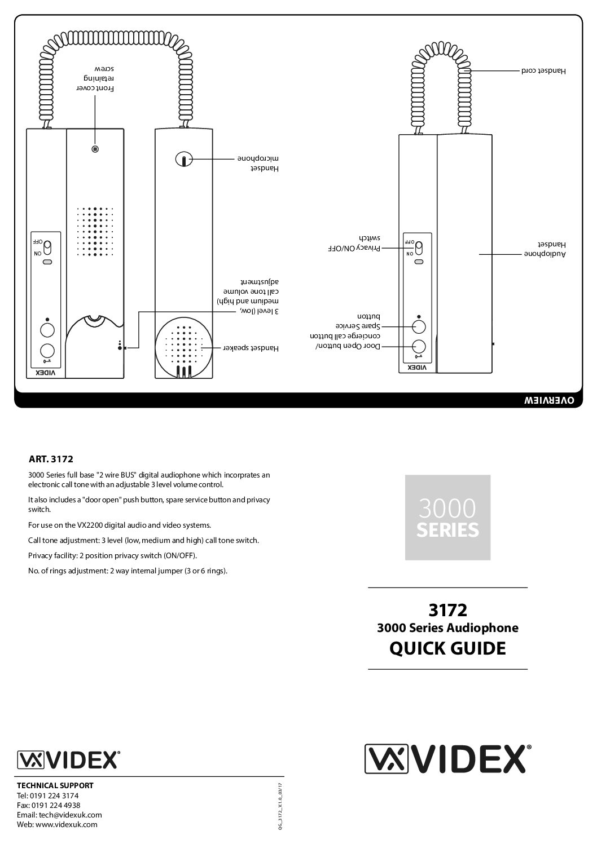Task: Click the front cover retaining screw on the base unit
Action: [95, 149]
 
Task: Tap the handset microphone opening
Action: [184, 160]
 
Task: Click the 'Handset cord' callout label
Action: [542, 71]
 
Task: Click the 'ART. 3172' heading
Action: [51, 459]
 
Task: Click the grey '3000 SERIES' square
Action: [447, 517]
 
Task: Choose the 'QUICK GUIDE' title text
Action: [447, 648]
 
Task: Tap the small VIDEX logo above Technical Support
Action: [68, 759]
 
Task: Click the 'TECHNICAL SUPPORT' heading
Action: [55, 785]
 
